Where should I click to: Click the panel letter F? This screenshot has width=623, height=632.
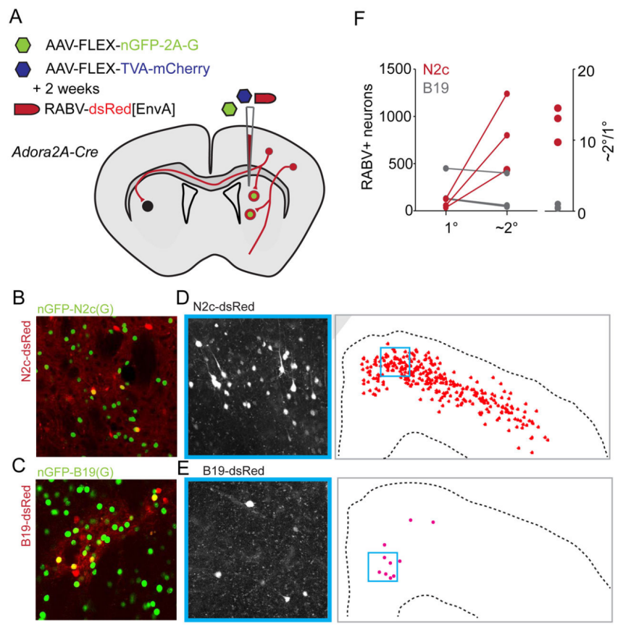pyautogui.click(x=358, y=16)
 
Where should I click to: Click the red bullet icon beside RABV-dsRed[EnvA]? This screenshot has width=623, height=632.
pyautogui.click(x=27, y=109)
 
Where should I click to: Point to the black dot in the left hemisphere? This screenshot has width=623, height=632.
pyautogui.click(x=148, y=206)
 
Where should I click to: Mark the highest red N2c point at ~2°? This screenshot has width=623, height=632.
pyautogui.click(x=506, y=93)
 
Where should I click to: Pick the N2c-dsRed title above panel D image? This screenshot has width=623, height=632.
pyautogui.click(x=222, y=306)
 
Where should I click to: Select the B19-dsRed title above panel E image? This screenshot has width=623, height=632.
pyautogui.click(x=222, y=470)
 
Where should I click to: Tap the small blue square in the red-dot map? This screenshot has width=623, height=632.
pyautogui.click(x=395, y=361)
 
